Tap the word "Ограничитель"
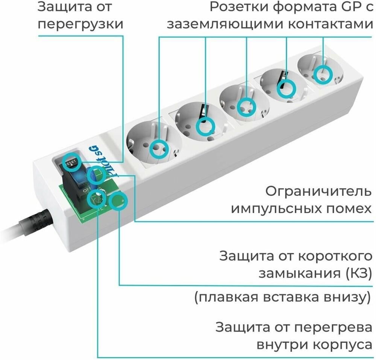coord(318,191)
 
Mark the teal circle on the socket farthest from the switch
coord(323,74)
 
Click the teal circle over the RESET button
coord(71,162)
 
